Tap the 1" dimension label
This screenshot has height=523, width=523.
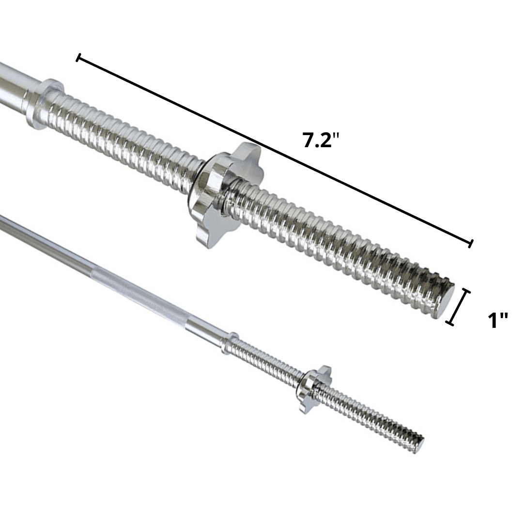[x=497, y=320]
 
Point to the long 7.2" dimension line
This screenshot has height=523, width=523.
[x=274, y=150]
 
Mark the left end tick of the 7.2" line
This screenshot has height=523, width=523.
[x=78, y=58]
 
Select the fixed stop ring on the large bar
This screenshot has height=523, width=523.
[x=45, y=104]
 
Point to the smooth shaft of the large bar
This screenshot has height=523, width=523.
[x=12, y=87]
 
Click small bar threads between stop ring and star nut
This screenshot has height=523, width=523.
[x=269, y=361]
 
